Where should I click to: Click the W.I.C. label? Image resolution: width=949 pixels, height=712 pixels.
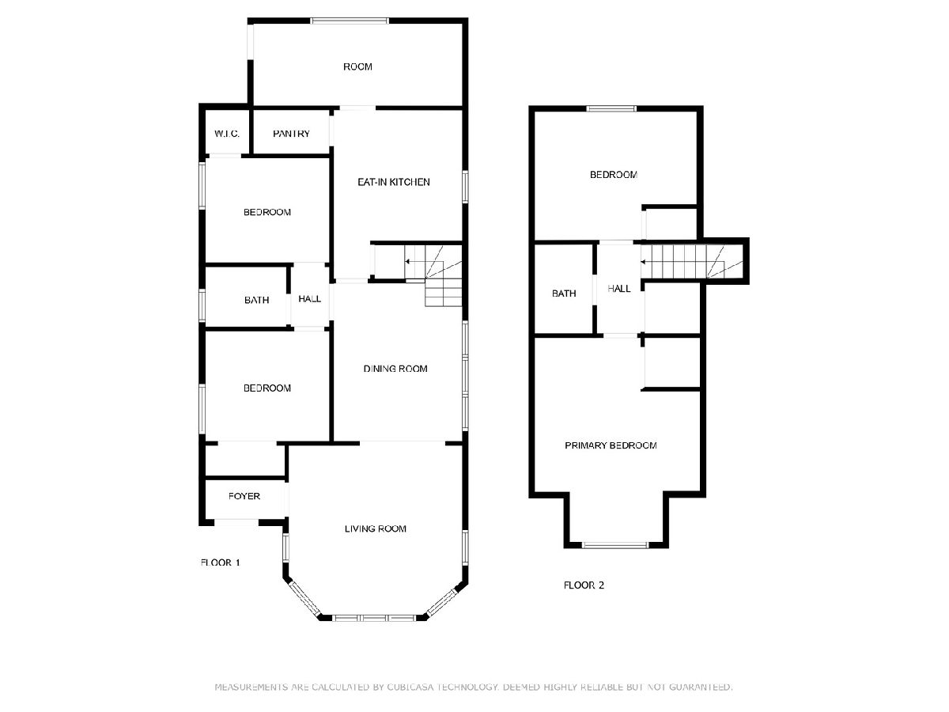pos(226,134)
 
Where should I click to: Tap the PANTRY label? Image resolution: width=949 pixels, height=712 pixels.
pos(291,134)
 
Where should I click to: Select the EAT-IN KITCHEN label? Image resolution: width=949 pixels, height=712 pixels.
pos(393,182)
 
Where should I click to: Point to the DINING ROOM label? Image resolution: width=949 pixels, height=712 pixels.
pos(395,369)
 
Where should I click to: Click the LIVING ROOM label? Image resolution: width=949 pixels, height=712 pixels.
pos(376,528)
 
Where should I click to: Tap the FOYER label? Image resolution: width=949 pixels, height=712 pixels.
pos(244,496)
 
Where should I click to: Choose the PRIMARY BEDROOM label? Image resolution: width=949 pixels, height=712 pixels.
pos(611,445)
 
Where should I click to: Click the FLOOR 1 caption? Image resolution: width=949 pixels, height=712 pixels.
pos(220,562)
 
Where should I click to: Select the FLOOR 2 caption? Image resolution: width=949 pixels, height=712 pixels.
pos(584,585)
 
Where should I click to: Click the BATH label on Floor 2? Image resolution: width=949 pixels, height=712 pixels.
pos(564,294)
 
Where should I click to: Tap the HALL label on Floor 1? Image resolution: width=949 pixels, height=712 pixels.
pos(309,299)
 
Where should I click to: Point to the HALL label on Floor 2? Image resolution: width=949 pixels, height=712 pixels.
pos(618,288)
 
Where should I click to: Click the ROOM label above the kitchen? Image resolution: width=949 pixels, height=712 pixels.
pos(357,66)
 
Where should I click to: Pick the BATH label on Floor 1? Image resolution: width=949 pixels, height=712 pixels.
pos(256,300)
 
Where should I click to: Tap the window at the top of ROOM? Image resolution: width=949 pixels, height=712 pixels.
pos(350,21)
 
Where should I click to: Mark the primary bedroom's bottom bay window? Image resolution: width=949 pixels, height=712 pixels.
pos(615,545)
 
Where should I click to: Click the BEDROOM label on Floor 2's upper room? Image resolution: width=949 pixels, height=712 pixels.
pos(613,175)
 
